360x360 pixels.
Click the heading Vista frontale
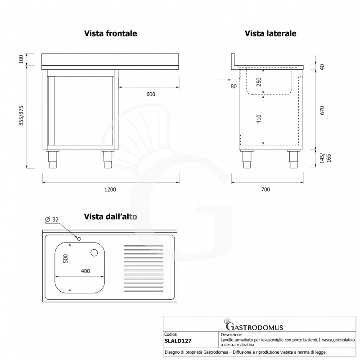[x=110, y=34]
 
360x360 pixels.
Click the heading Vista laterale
[x=270, y=34]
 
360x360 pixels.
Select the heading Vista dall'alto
[x=110, y=216]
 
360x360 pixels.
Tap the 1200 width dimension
[x=110, y=189]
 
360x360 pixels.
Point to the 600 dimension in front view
[x=151, y=94]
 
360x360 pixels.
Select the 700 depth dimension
[x=265, y=189]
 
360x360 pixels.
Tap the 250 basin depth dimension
[x=258, y=82]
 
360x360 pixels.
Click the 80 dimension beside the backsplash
[x=233, y=86]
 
